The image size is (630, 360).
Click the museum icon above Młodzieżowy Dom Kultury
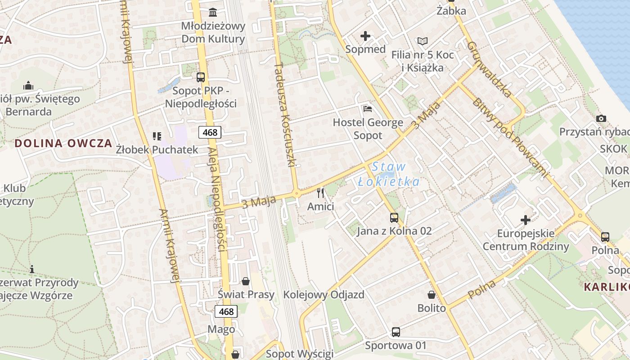pos(213,12)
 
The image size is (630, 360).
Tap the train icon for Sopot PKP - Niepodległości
pos(201,77)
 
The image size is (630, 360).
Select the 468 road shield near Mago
pos(226,311)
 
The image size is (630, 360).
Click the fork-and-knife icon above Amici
pos(320,193)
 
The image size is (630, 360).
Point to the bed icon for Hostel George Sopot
pos(368,108)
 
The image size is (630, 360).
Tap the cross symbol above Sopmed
pos(365,36)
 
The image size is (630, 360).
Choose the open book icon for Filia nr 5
pos(422,41)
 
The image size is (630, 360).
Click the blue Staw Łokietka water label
pos(389,174)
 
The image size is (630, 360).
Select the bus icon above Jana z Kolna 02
pos(394,218)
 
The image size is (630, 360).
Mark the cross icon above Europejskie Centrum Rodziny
pos(525,220)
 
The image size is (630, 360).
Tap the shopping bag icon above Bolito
pos(431,295)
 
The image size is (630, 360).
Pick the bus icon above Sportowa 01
pos(396,332)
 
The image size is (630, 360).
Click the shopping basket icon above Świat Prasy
pos(246,281)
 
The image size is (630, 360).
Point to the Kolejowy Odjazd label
pos(324,295)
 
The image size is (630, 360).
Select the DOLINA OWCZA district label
pos(63,144)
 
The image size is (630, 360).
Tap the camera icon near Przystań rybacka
pos(601,118)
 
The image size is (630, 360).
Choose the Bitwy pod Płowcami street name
pos(510,136)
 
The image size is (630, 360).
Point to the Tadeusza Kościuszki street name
pos(284,115)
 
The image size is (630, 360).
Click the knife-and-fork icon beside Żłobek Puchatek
pos(157,136)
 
